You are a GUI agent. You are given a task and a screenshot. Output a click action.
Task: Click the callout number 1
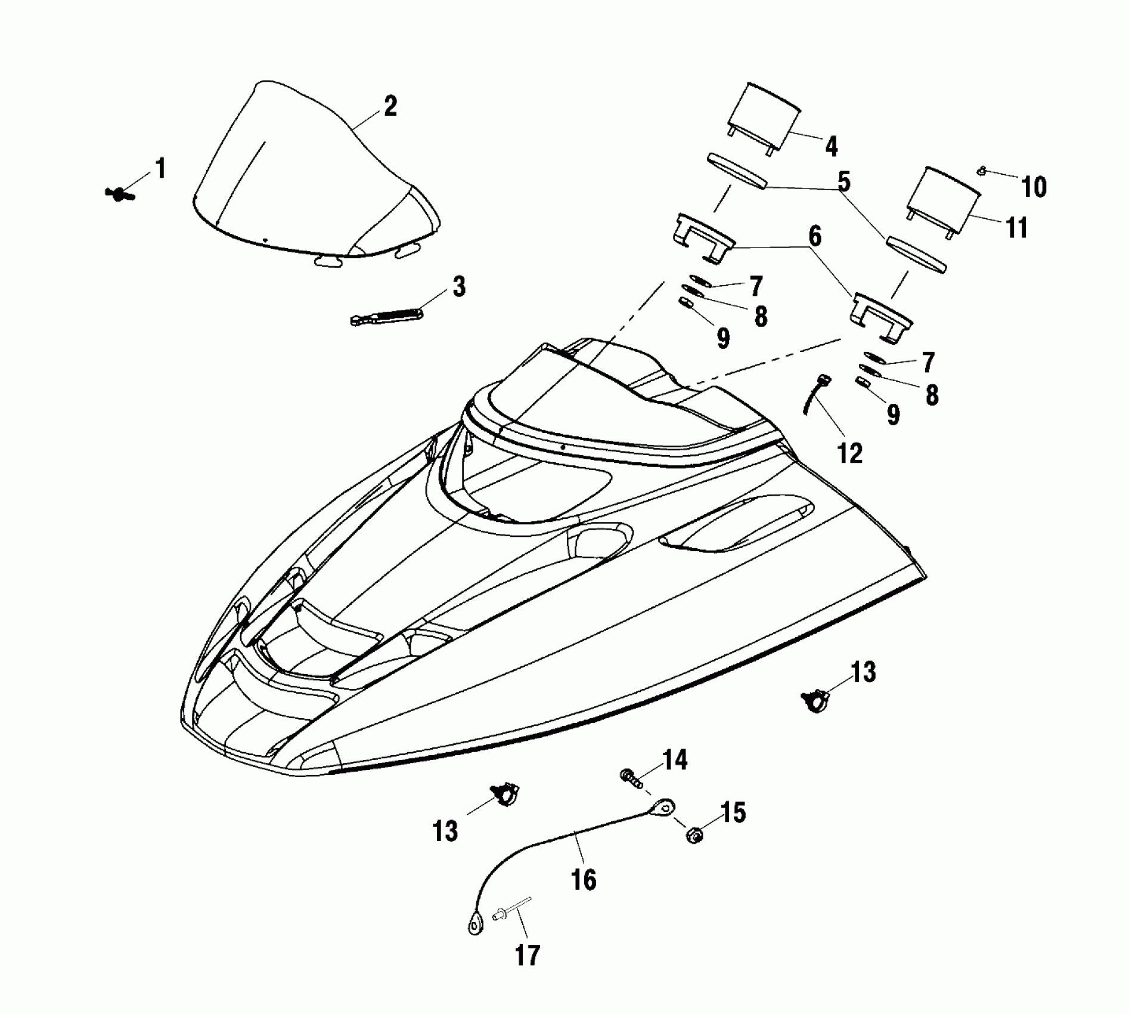tap(160, 169)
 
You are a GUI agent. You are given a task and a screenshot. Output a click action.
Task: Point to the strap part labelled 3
tap(386, 315)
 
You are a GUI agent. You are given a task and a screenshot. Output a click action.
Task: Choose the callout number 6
tap(814, 237)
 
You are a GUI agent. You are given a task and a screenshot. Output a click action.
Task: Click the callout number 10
tap(1034, 187)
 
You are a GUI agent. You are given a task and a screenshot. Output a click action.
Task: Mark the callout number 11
tap(1016, 227)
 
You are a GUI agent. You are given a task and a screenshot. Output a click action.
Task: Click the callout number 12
tap(850, 454)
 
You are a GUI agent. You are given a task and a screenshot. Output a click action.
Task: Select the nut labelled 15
tap(694, 834)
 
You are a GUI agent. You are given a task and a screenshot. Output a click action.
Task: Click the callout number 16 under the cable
tap(583, 879)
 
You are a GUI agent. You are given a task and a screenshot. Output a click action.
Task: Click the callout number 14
tap(674, 760)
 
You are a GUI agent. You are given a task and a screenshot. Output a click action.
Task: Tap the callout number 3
tap(458, 286)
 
